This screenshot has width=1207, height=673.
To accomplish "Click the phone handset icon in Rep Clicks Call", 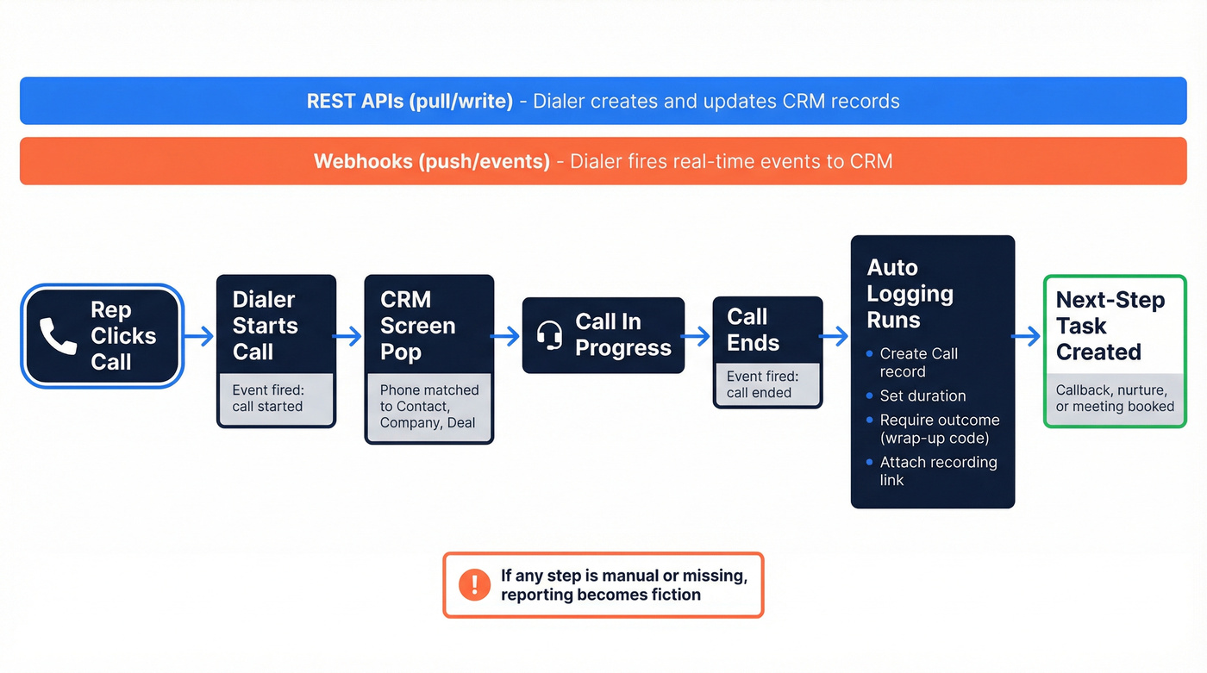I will (58, 336).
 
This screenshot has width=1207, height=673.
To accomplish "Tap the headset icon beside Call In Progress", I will (549, 334).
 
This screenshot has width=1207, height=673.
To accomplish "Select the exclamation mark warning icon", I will (474, 584).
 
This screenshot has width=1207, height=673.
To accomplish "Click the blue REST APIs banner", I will (603, 101).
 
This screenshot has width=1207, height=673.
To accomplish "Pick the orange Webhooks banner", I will (603, 161).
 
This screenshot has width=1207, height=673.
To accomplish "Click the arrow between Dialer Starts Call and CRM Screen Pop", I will (349, 336).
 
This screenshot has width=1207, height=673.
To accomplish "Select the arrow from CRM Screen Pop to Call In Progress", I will (507, 336).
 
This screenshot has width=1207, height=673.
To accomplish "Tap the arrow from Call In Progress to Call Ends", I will (697, 336).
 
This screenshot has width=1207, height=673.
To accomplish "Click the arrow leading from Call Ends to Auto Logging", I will (835, 336).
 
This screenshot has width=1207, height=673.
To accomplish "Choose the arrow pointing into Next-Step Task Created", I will (1028, 336).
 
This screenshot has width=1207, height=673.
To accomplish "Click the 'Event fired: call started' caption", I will (268, 398).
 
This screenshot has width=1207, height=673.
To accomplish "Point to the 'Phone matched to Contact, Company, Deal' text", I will (428, 406).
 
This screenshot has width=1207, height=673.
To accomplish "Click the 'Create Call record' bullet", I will (919, 363).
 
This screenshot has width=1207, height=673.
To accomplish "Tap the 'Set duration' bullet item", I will (922, 396).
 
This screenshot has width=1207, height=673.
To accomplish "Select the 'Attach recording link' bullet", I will (938, 470).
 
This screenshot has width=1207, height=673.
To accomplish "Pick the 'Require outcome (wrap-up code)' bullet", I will (939, 428).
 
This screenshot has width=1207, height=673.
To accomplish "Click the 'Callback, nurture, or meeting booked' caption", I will (1115, 398).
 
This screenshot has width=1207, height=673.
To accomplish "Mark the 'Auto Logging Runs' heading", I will (910, 294).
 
